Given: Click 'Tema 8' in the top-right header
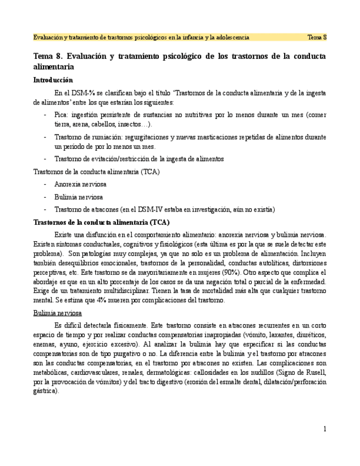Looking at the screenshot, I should [x=317, y=37].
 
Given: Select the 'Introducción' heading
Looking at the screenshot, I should [x=53, y=80].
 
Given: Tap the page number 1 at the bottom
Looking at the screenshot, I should [x=325, y=429].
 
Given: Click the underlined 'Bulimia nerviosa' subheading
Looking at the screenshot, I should [x=58, y=313].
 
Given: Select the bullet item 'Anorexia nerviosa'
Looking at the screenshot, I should [x=80, y=184].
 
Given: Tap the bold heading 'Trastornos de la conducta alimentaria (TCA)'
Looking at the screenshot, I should [x=101, y=222].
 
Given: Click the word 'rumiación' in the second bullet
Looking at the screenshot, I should [x=101, y=137].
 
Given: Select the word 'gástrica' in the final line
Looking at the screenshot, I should [x=45, y=391].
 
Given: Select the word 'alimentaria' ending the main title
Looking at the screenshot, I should [x=54, y=66].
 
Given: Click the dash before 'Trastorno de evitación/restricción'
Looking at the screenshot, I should [x=44, y=159].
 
